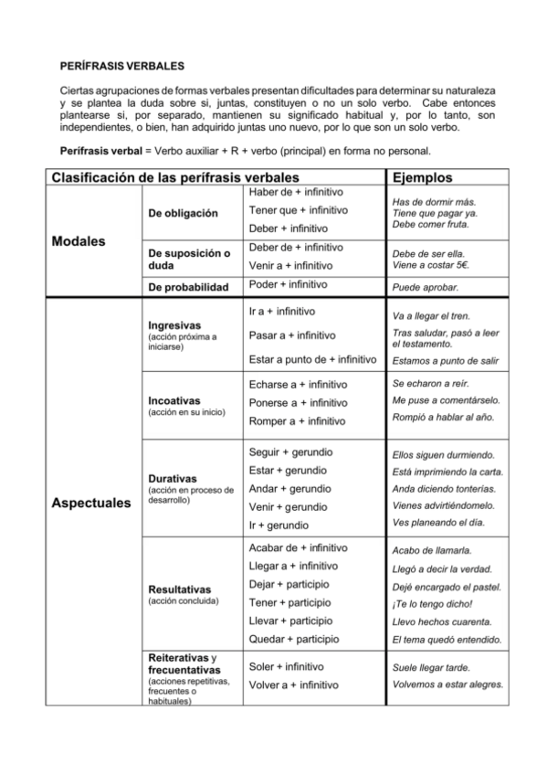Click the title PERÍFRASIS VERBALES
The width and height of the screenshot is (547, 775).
click(121, 67)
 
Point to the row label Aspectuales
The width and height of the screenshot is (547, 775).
click(91, 503)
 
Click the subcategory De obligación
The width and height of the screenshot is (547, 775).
click(183, 213)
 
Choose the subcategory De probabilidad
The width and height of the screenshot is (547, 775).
click(188, 287)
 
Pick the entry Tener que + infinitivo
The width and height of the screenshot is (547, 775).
click(298, 210)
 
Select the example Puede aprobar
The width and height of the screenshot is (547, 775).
click(425, 287)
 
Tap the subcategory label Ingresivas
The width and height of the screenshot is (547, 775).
click(174, 326)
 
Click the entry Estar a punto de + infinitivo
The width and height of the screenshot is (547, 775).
click(312, 359)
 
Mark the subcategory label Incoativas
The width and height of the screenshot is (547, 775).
click(174, 400)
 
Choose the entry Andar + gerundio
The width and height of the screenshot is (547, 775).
click(290, 489)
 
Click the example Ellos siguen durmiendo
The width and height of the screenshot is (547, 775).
click(443, 454)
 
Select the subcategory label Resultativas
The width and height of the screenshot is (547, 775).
click(180, 589)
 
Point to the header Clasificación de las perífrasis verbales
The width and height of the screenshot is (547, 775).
click(176, 177)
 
